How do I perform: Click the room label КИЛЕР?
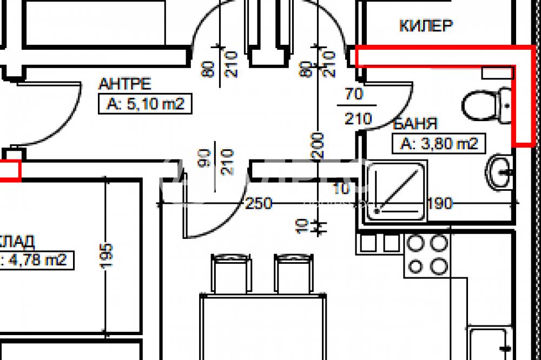[x=426, y=25]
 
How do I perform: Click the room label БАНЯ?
[x=415, y=124]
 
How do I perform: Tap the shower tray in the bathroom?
[x=396, y=192]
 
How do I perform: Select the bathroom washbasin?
[x=500, y=172]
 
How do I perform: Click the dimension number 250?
[x=259, y=203]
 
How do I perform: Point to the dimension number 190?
[x=439, y=203]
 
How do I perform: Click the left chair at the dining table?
[x=231, y=274]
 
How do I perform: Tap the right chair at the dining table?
[x=294, y=274]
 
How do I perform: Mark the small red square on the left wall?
[x=10, y=170]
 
